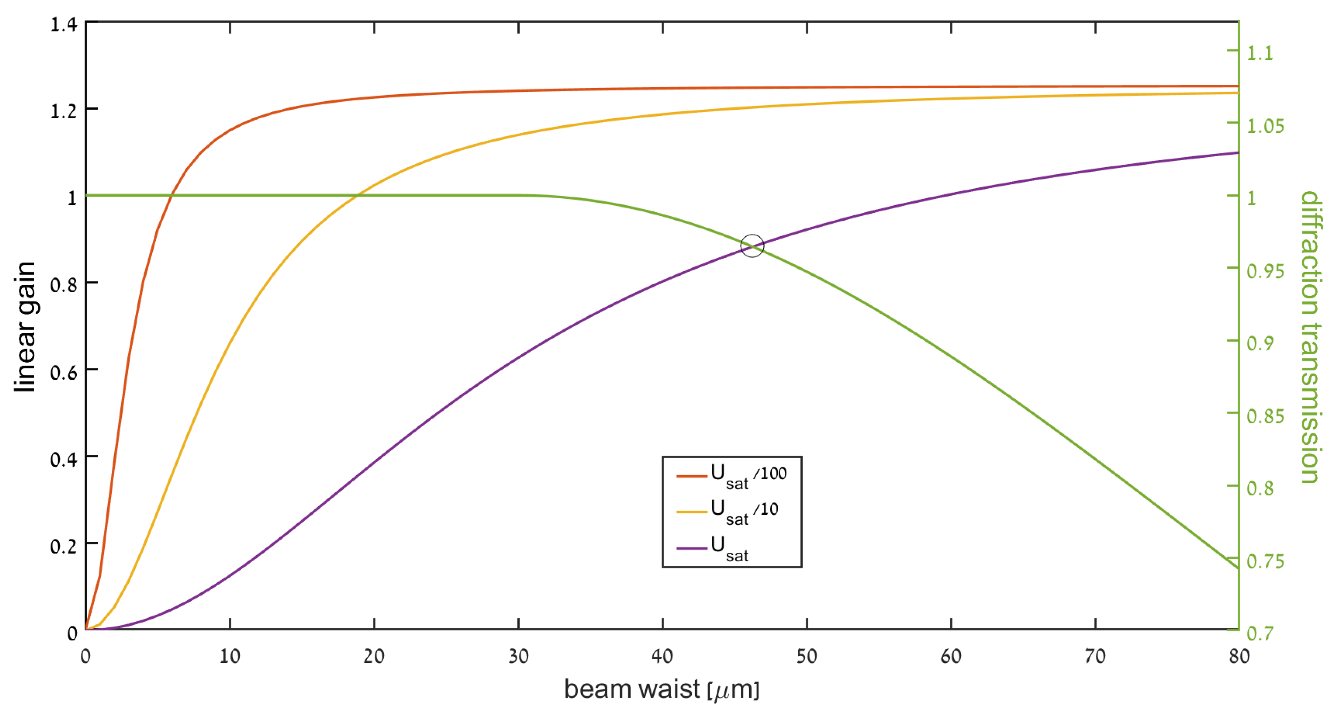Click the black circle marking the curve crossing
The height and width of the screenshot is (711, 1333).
tap(752, 246)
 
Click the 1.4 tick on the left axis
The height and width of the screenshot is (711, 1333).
tap(64, 24)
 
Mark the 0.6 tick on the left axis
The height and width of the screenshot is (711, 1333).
tap(64, 372)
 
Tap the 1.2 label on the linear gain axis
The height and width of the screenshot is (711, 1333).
tap(64, 111)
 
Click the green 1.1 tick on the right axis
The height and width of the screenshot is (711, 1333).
tap(1260, 52)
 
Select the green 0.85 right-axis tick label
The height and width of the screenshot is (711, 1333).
tap(1265, 415)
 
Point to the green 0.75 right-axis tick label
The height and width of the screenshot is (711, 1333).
tap(1265, 561)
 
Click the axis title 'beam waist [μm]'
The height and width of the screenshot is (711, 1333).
tap(661, 689)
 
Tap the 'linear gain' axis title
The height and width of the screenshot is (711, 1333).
tap(25, 327)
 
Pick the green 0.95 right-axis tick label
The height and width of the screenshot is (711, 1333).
tap(1265, 270)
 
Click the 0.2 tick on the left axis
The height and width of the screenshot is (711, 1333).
tap(64, 546)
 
